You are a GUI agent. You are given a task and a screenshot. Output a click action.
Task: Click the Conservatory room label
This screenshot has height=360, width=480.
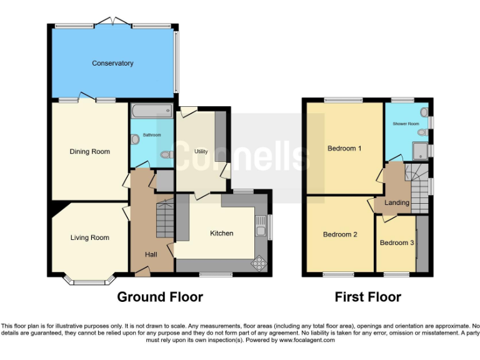point(112,63)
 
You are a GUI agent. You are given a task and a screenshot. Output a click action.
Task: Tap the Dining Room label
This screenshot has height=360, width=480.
point(89,151)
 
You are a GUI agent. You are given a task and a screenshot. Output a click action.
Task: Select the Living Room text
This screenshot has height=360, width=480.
point(89,237)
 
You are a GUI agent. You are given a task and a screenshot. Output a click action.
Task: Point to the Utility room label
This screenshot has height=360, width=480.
point(201,151)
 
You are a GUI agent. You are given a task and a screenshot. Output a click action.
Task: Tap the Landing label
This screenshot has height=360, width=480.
point(397,202)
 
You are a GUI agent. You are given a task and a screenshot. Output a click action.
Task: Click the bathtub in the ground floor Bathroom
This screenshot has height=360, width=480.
point(151,111)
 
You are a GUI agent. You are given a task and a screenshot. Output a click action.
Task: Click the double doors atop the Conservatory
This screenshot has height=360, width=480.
point(113,23)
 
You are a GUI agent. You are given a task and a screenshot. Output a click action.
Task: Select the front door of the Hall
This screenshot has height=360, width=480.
point(142,270)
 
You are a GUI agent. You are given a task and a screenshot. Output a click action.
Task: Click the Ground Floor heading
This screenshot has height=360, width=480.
point(160,297)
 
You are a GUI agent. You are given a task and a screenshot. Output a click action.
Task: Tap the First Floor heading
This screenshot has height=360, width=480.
point(367,297)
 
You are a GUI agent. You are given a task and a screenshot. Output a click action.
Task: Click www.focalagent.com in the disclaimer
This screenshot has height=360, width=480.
point(306,341)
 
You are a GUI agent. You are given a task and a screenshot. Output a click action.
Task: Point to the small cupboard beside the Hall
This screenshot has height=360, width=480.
point(164,181)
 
